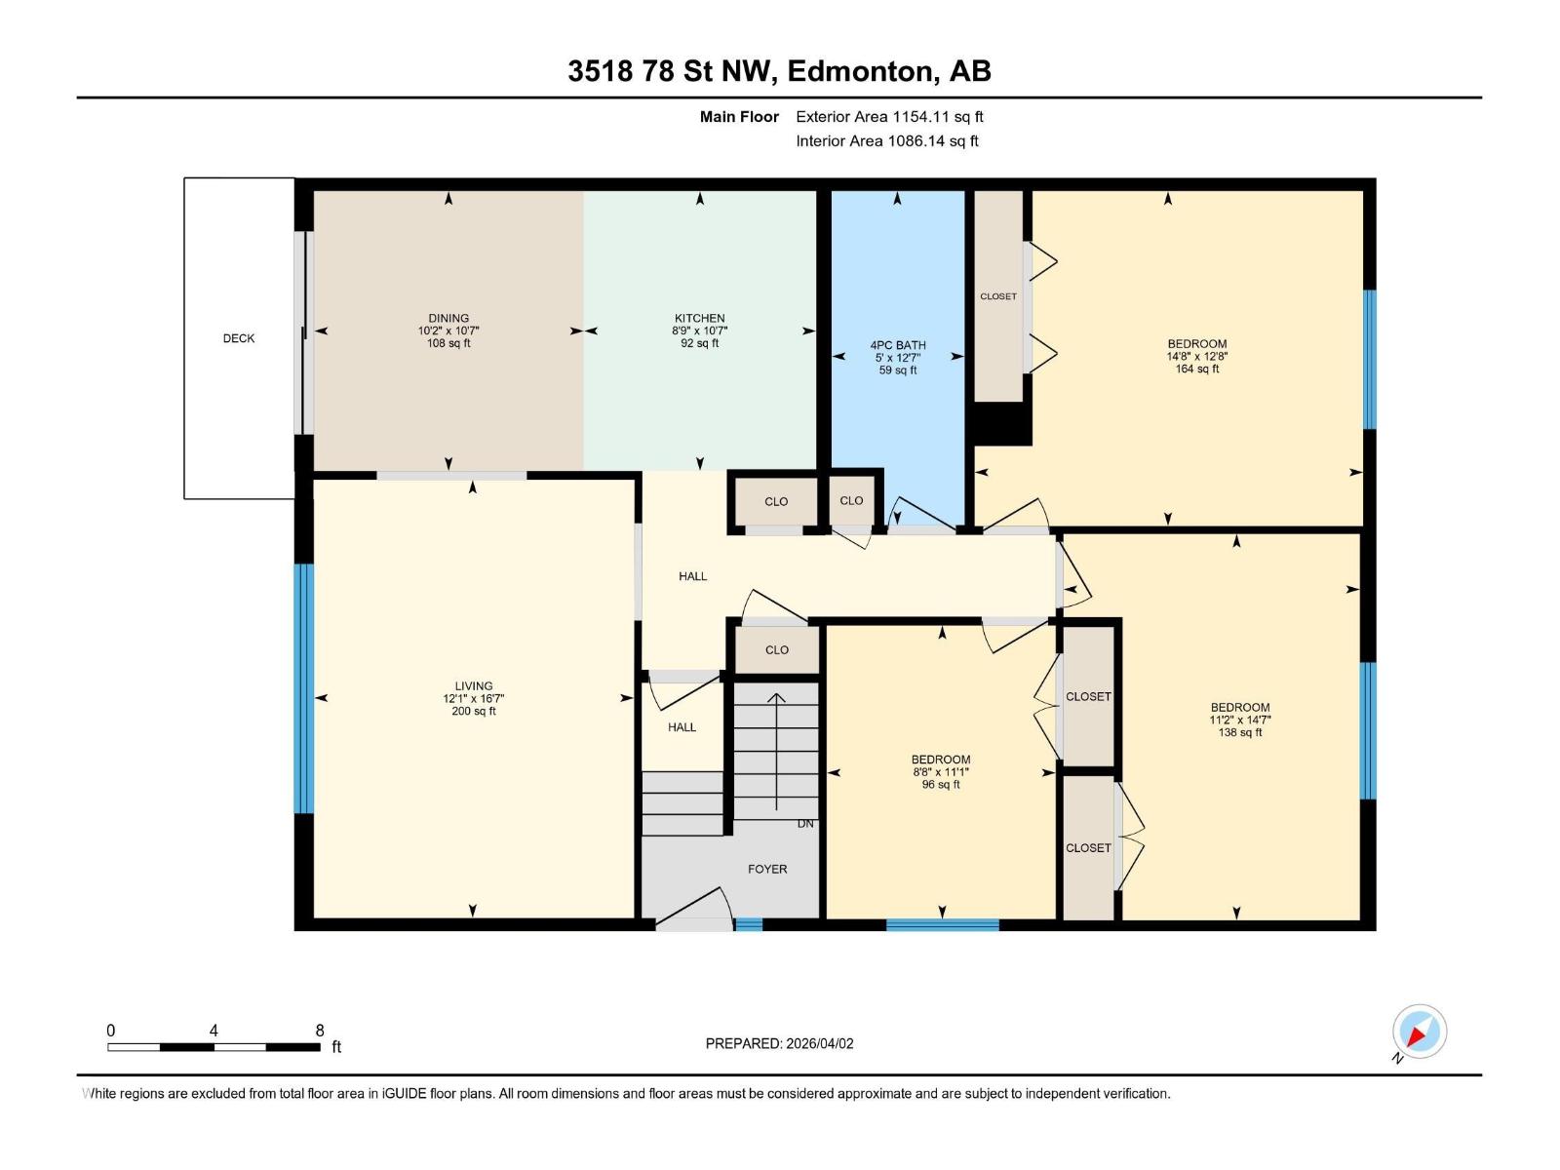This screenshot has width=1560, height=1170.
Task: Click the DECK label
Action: (239, 338)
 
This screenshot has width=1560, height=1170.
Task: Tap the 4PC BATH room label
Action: (898, 345)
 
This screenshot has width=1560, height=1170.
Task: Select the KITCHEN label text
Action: (699, 318)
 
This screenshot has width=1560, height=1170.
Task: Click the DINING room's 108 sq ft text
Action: (448, 343)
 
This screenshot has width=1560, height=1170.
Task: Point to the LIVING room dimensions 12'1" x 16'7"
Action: (473, 698)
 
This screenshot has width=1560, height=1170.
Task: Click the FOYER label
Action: (767, 869)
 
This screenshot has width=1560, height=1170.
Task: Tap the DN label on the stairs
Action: (805, 824)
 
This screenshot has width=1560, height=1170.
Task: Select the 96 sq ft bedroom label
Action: (941, 784)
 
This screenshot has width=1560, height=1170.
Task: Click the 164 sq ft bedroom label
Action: (1197, 369)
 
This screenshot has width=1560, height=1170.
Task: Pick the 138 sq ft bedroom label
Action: (1240, 732)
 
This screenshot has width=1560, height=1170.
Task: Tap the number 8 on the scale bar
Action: (320, 1031)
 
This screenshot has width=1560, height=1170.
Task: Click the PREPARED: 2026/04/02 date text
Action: (779, 1043)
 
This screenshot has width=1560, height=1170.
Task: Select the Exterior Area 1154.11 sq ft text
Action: (889, 116)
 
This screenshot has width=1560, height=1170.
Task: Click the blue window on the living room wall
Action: (304, 688)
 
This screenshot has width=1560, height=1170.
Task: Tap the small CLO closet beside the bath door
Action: (851, 500)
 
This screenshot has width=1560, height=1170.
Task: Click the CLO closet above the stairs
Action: (777, 649)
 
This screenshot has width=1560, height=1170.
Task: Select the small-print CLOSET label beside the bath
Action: (998, 296)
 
